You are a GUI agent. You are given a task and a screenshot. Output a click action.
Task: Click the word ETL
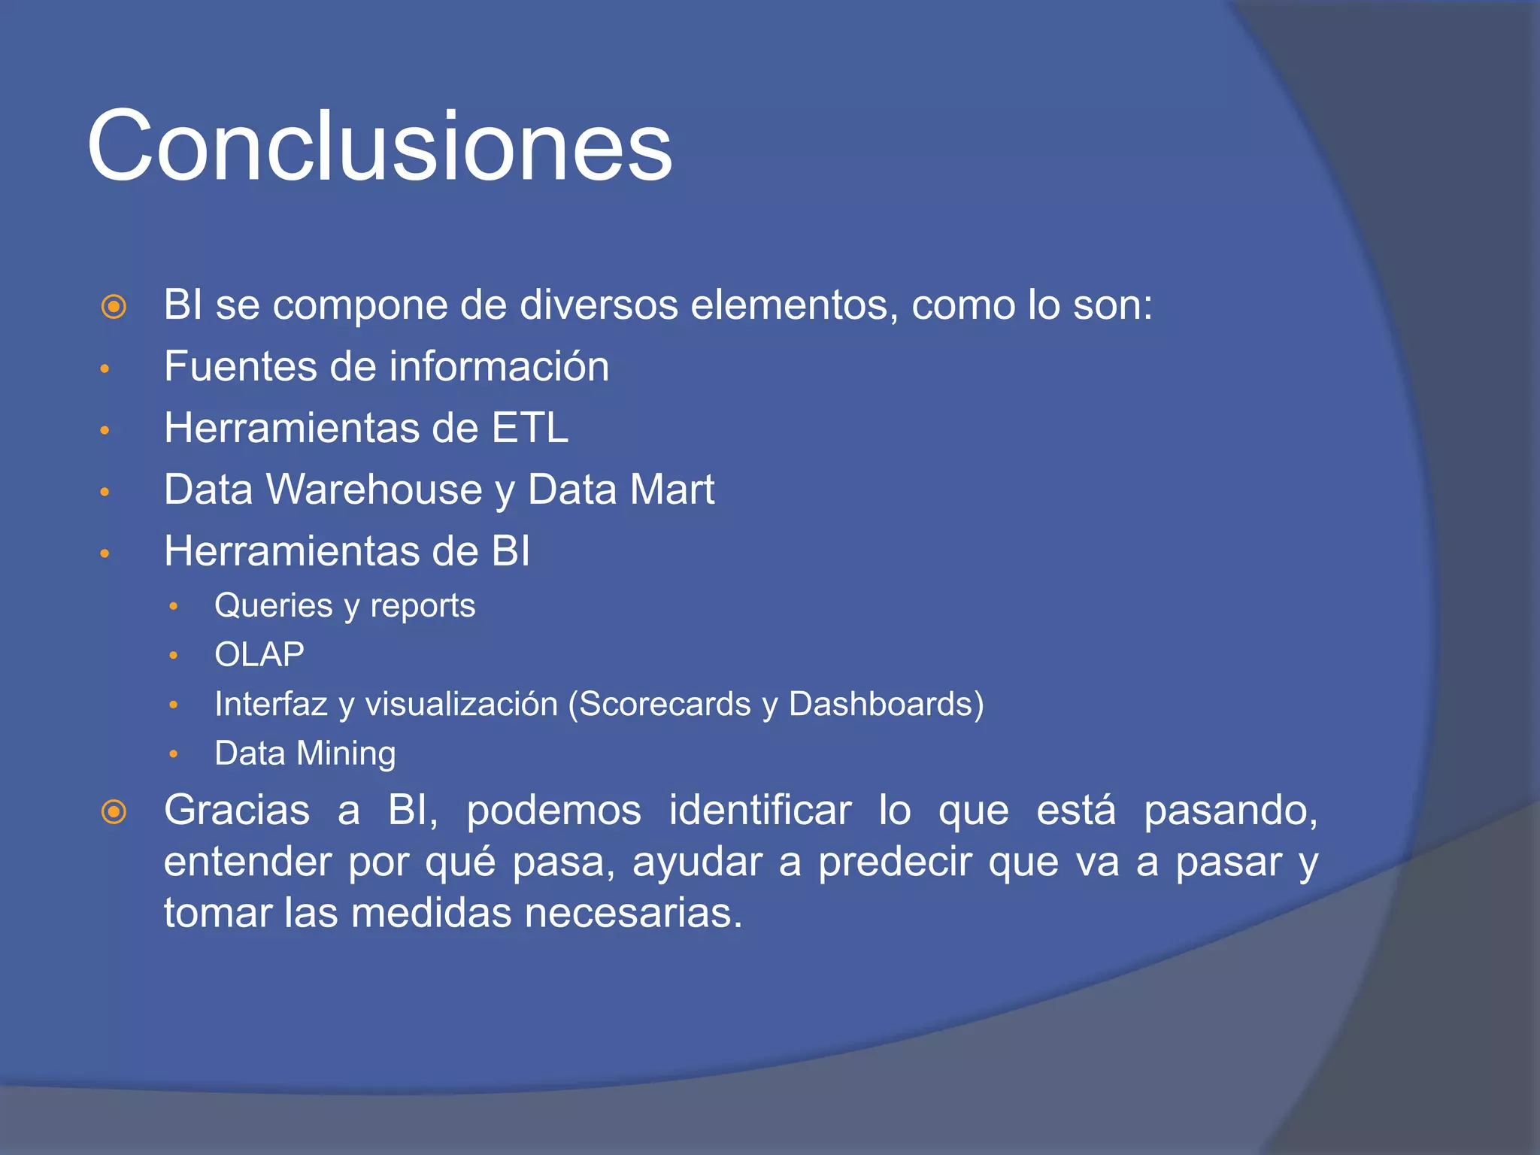coord(529,428)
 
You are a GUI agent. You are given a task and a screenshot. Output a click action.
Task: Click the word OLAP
coord(259,654)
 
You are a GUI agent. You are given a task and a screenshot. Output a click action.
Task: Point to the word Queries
coord(273,605)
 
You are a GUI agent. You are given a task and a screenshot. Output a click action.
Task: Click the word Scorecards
coord(665,704)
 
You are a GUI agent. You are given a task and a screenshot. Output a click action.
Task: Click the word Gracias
coord(237,811)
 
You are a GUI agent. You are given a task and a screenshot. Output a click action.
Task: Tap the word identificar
coord(759,811)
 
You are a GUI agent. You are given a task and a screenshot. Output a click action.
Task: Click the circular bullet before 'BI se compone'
coord(114,307)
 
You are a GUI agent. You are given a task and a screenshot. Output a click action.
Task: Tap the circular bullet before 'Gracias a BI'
coord(114,812)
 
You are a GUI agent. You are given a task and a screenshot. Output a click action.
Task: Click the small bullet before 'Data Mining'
coord(173,754)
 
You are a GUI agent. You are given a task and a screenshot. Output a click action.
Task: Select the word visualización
coord(461,704)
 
